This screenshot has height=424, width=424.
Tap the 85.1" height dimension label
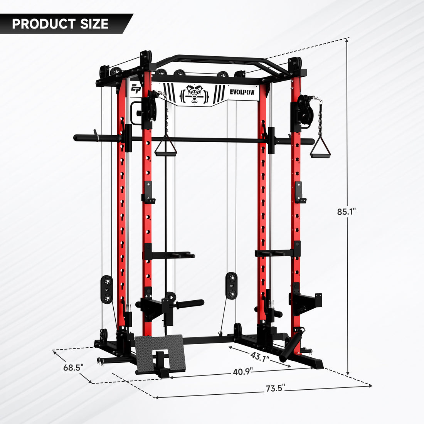point(346,211)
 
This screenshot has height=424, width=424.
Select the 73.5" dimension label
point(275,388)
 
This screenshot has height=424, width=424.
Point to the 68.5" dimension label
point(74,367)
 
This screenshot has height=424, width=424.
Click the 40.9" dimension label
point(243,372)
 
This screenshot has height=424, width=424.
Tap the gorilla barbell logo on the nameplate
point(195,94)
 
